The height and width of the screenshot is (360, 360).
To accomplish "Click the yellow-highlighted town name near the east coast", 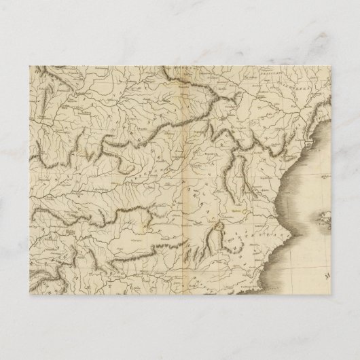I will click(x=236, y=211).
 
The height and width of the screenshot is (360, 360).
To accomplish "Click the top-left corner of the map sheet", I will click(x=30, y=65).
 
